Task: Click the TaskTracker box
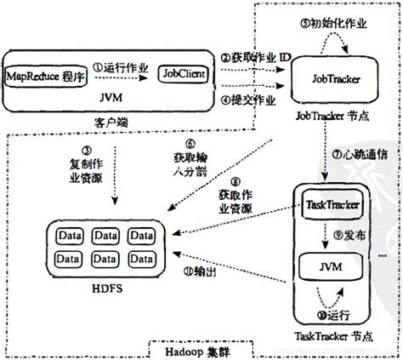click(329, 205)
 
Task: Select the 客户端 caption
click(119, 122)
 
